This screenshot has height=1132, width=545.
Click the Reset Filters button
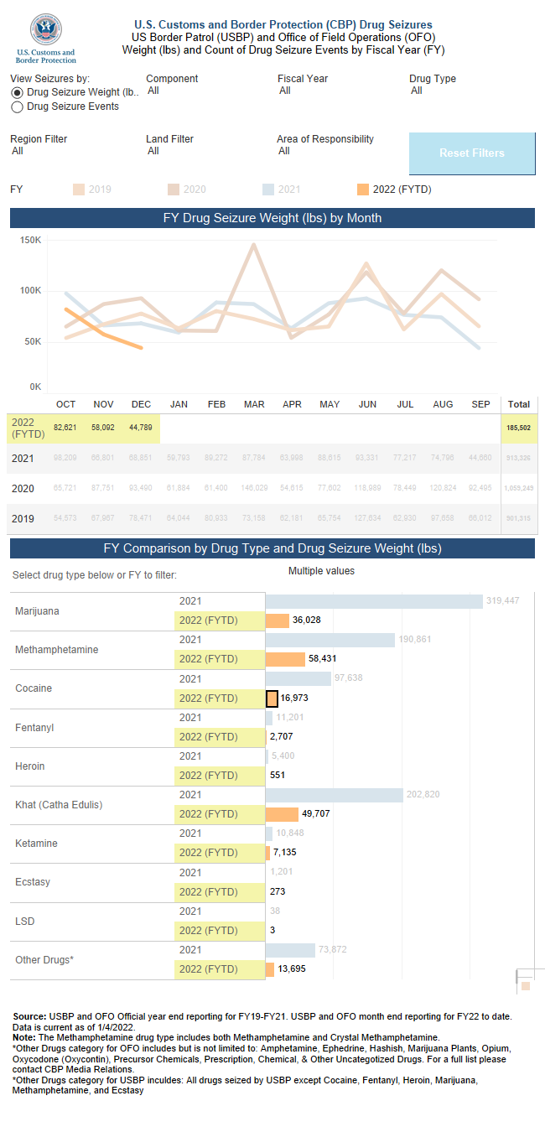coord(471,153)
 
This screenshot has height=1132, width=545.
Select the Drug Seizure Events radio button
coord(17,107)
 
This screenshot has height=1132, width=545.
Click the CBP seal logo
coord(45,31)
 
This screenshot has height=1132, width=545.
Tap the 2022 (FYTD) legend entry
coord(394,190)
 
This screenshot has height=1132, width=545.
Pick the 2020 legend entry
coord(186,190)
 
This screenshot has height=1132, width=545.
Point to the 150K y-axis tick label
coord(31,240)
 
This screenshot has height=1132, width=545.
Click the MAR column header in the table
coord(254,404)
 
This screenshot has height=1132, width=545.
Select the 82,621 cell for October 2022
coord(65,428)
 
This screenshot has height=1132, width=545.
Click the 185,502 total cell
coord(518,428)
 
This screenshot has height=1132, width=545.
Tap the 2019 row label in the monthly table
coord(23,519)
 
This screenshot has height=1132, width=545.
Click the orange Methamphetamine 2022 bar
coord(285,659)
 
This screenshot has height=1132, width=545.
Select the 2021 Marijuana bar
coord(374,601)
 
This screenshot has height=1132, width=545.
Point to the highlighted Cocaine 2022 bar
coord(272,698)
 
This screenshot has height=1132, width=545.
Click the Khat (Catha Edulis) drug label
coord(59,805)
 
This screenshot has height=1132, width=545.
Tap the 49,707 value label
coord(316,814)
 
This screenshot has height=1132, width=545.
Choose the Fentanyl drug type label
coord(34,728)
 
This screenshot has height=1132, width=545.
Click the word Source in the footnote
coord(29,1016)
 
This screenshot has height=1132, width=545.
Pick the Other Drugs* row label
coord(44,959)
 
